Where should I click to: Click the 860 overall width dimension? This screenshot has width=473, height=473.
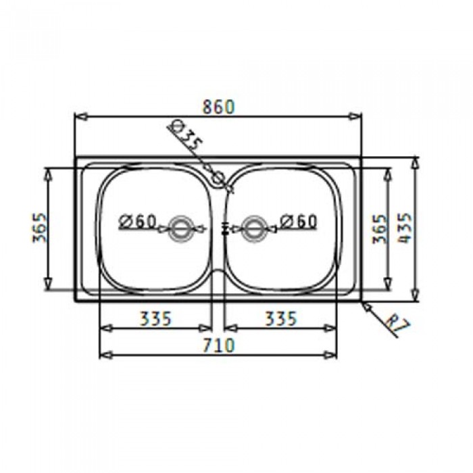pos(218,107)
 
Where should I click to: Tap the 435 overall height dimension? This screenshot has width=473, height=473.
pos(405,228)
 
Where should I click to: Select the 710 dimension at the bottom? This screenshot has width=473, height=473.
pos(218,345)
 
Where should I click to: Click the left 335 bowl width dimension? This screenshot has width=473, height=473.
pos(156,318)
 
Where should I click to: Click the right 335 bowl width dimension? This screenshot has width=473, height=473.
pos(281,318)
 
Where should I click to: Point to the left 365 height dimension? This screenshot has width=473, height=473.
pos(40,228)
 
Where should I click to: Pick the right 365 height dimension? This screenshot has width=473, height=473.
pos(379,228)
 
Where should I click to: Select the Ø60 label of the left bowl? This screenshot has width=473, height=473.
pos(137,222)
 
